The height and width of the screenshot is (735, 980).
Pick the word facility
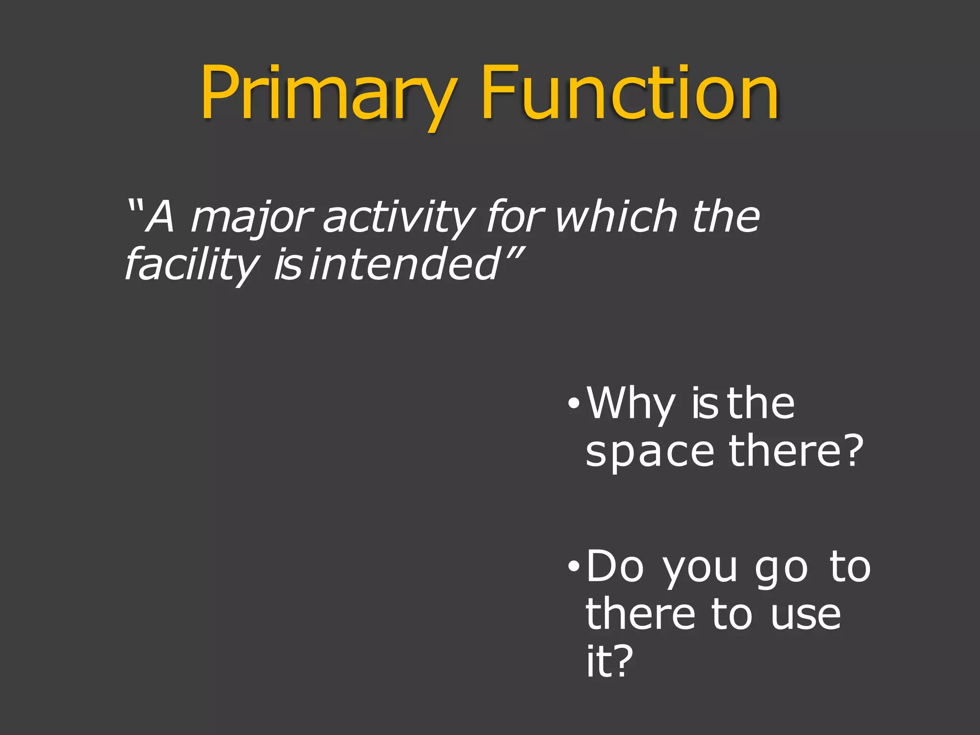191,265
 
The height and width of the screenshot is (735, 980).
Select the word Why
631,404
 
